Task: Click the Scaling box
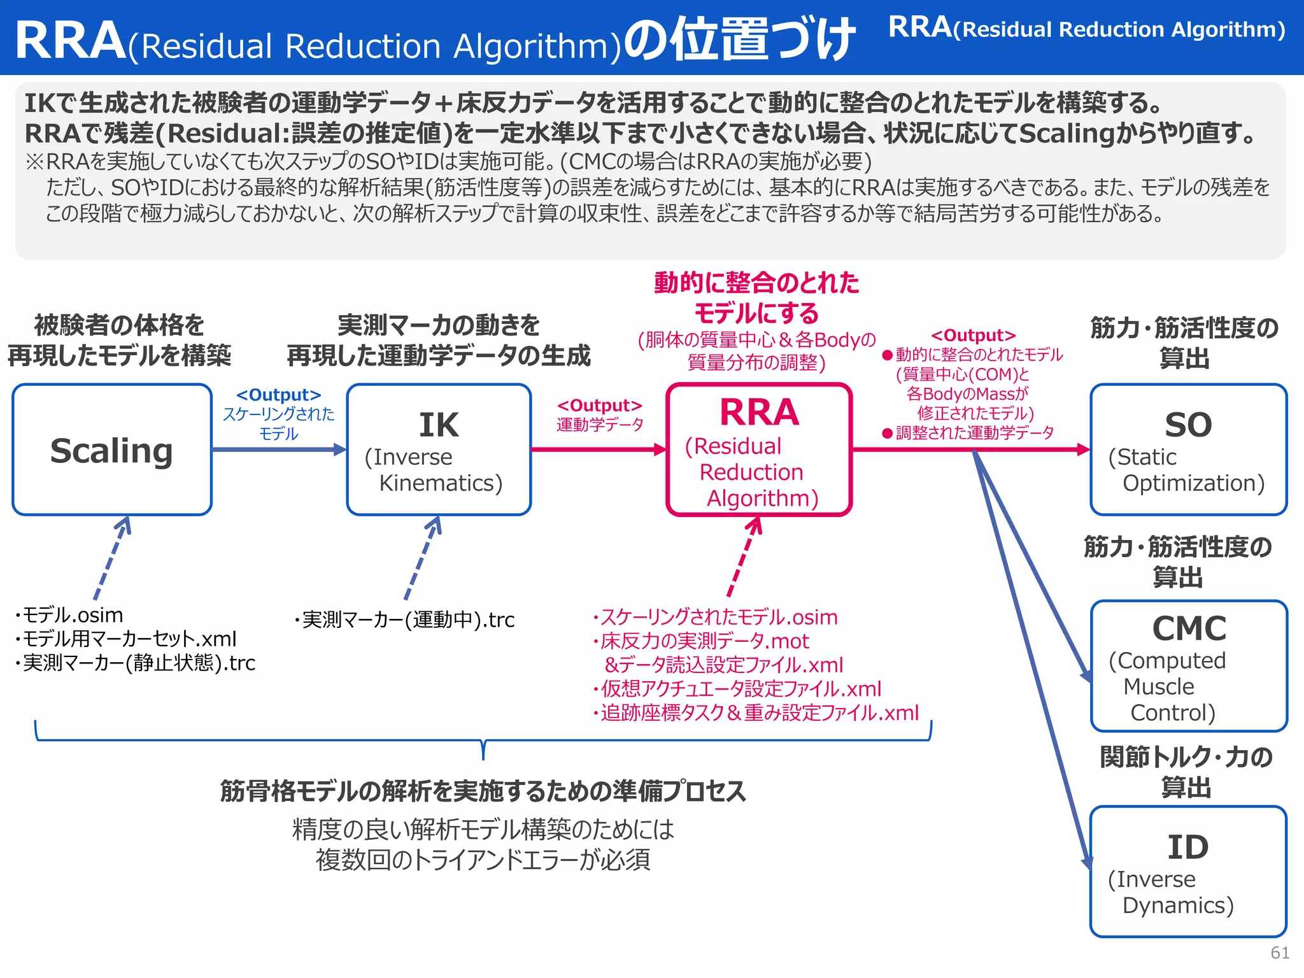pyautogui.click(x=112, y=450)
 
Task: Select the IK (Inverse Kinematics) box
pyautogui.click(x=439, y=450)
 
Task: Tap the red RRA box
pyautogui.click(x=759, y=450)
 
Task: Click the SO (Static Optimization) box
pyautogui.click(x=1188, y=450)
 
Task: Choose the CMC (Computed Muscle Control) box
pyautogui.click(x=1188, y=666)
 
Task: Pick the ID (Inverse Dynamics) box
pyautogui.click(x=1188, y=872)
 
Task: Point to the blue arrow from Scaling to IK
pyautogui.click(x=278, y=450)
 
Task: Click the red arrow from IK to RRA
pyautogui.click(x=598, y=450)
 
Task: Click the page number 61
pyautogui.click(x=1280, y=953)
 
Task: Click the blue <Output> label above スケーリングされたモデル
pyautogui.click(x=278, y=395)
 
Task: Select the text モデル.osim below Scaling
pyautogui.click(x=72, y=615)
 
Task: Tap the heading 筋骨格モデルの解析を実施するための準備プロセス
pyautogui.click(x=483, y=791)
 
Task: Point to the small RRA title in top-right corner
pyautogui.click(x=1086, y=28)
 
